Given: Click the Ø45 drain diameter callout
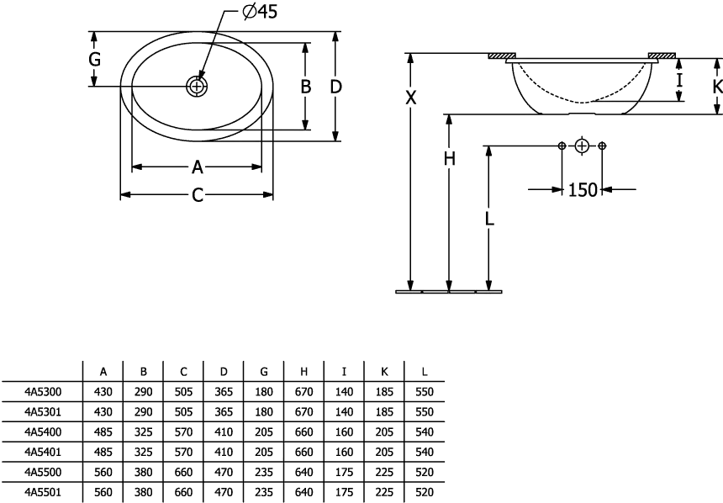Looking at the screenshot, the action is click(x=260, y=12).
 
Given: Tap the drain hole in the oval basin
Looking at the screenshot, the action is click(x=197, y=86).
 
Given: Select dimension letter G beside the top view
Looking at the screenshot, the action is click(x=94, y=59).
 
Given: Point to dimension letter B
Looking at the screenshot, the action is click(x=305, y=87).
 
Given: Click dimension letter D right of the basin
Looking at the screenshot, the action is click(x=335, y=87).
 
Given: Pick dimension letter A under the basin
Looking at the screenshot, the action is click(x=198, y=167).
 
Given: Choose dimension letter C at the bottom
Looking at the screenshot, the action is click(x=198, y=195).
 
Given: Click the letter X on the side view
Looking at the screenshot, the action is click(x=410, y=98).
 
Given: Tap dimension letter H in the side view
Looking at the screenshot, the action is click(x=449, y=158).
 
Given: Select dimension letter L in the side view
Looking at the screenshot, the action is click(x=489, y=218).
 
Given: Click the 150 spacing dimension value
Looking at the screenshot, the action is click(x=583, y=189).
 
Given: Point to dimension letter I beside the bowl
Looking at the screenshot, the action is click(x=678, y=80).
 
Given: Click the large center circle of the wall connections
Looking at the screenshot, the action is click(x=582, y=146).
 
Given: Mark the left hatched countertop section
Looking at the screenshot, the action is click(x=502, y=56).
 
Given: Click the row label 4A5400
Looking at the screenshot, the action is click(x=42, y=432).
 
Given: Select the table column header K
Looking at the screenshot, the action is click(x=384, y=372).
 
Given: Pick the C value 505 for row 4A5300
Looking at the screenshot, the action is click(x=183, y=392).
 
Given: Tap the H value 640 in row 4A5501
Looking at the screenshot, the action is click(x=303, y=492).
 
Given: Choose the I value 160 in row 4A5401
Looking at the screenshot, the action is click(x=344, y=452).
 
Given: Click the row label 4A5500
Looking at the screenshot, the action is click(x=42, y=472).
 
